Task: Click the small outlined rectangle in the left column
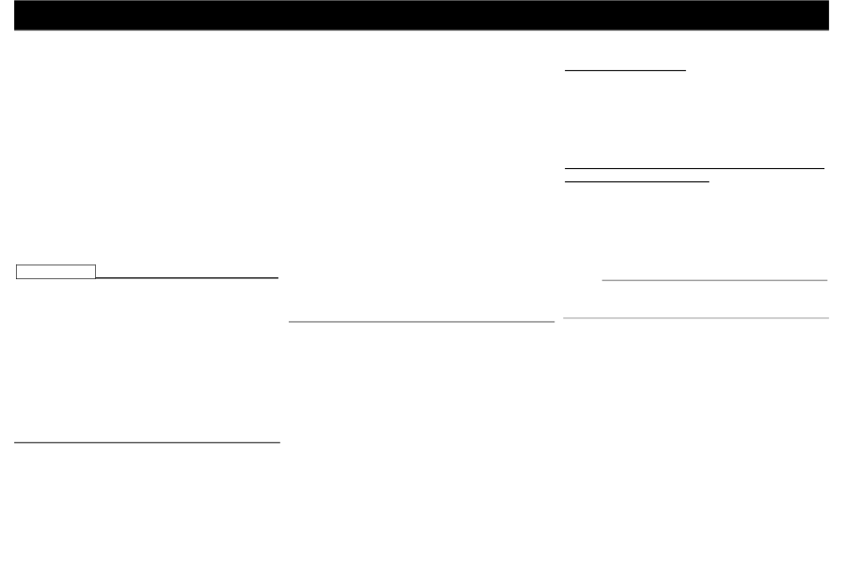[x=56, y=272]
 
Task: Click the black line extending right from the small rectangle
[x=187, y=277]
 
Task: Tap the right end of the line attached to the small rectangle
[x=278, y=277]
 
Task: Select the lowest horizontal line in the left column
[x=147, y=441]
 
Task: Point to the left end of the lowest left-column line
[x=16, y=441]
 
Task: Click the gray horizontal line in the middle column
[x=422, y=321]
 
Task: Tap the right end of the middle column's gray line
[x=554, y=321]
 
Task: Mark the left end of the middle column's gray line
[x=291, y=321]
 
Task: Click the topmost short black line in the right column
[x=625, y=68]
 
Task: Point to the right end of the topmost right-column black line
[x=687, y=68]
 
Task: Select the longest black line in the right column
[x=695, y=167]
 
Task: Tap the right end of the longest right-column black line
[x=825, y=167]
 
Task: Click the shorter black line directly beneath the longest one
[x=637, y=181]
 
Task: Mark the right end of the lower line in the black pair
[x=710, y=181]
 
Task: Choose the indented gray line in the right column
[x=714, y=280]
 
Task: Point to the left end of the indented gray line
[x=602, y=280]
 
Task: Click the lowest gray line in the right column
[x=696, y=317]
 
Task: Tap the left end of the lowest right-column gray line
[x=564, y=317]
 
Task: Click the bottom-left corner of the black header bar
[x=15, y=29]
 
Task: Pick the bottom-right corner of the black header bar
[x=828, y=29]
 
